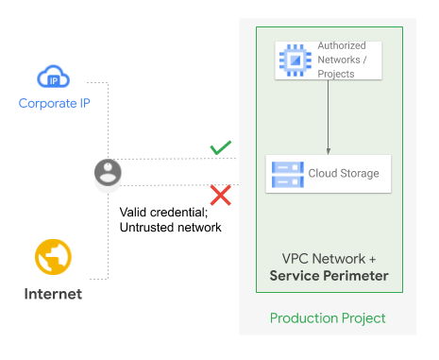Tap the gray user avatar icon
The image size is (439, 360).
click(x=108, y=173)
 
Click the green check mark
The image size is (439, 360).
click(x=220, y=148)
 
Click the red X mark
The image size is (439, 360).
click(x=220, y=196)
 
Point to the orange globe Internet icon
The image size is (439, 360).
click(x=53, y=257)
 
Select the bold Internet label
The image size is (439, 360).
click(x=53, y=294)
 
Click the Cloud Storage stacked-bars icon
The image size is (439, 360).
click(x=284, y=174)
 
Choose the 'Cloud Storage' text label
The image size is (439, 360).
click(x=344, y=174)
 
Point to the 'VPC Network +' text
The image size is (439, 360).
click(x=329, y=258)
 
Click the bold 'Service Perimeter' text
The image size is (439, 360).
click(x=329, y=276)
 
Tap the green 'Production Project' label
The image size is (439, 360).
click(x=328, y=318)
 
